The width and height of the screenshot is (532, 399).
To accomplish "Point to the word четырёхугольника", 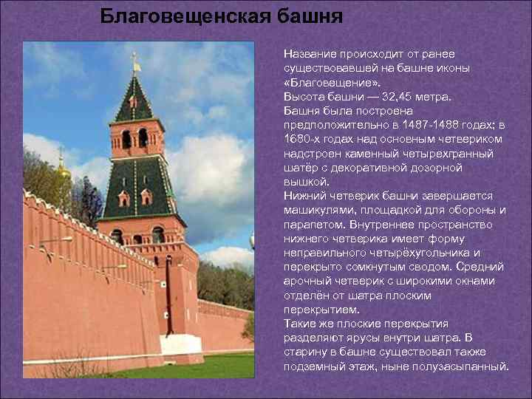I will pos(384,252).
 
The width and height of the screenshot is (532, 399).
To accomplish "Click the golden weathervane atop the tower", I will pos(134,62).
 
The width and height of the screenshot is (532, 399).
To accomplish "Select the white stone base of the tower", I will pos(182,347).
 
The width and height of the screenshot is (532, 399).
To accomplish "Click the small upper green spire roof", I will pos(133,100).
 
